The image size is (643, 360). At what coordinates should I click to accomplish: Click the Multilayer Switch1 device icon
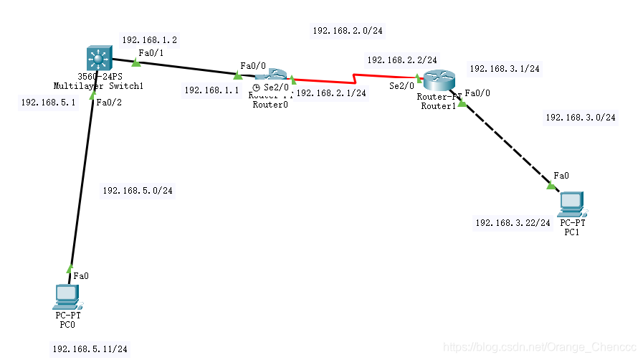coord(97,57)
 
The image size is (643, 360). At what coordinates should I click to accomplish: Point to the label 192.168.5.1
coord(48,103)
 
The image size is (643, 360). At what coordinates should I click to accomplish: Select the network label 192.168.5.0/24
coord(138,191)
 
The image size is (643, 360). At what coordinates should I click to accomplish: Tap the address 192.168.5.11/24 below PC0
coord(90,349)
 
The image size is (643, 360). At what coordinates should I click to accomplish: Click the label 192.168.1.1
coord(211,90)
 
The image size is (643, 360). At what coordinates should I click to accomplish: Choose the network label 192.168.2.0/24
coord(348,31)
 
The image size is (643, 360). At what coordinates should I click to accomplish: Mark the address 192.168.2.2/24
coord(402,61)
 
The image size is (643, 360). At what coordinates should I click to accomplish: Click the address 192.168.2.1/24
coord(331,93)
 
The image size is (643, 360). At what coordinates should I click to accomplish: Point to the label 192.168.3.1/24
coord(505,69)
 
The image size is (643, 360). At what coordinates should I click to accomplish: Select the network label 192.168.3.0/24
coord(581,118)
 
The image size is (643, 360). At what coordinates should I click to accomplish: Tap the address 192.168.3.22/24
coord(513,223)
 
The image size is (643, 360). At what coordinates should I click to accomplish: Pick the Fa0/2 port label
coord(109,103)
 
